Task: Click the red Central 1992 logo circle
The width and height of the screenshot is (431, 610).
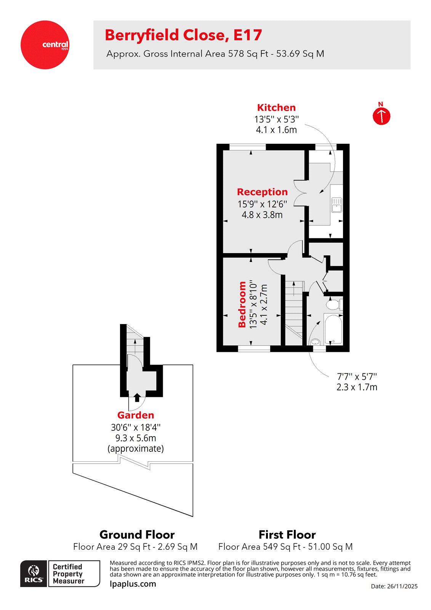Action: (x=45, y=45)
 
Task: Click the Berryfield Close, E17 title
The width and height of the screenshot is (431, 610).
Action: (x=183, y=35)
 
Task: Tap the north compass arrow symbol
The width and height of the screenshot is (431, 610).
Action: (x=381, y=116)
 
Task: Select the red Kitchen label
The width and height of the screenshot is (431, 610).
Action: (x=276, y=108)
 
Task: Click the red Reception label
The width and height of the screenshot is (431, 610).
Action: (x=262, y=192)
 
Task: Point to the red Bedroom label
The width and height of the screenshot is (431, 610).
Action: (x=242, y=304)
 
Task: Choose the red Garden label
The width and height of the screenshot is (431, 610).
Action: (x=136, y=415)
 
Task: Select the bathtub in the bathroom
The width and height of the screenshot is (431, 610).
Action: (x=333, y=329)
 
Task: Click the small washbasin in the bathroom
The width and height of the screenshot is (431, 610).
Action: (x=315, y=341)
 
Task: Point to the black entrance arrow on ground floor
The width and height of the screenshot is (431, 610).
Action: (x=137, y=397)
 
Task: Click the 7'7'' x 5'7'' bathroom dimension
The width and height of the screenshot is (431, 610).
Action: (x=357, y=377)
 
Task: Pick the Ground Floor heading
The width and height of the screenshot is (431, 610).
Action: (x=137, y=535)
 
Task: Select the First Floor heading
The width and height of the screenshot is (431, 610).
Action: (x=287, y=535)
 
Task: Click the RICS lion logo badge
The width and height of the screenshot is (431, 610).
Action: (x=34, y=573)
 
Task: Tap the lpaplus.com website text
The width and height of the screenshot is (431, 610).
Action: (x=133, y=584)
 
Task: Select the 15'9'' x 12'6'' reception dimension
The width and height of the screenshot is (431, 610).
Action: (x=262, y=204)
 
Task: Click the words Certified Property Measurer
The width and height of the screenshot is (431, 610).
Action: (x=69, y=574)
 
